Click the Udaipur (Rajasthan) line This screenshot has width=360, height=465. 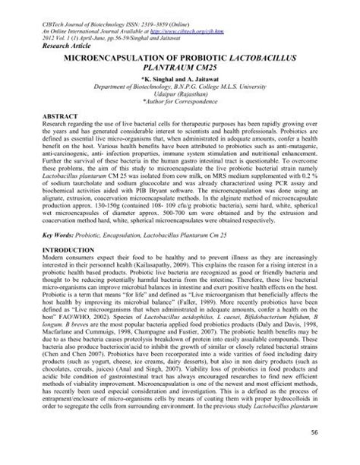click(x=180, y=97)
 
